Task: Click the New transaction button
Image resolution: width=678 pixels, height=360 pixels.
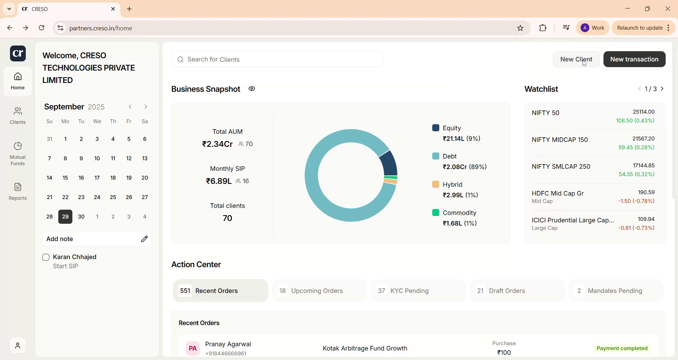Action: pyautogui.click(x=634, y=59)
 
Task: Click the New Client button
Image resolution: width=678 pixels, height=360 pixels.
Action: pyautogui.click(x=576, y=59)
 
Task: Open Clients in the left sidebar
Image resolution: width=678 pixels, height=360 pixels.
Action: pyautogui.click(x=18, y=116)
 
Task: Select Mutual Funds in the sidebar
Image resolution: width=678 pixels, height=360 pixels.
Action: pyautogui.click(x=18, y=154)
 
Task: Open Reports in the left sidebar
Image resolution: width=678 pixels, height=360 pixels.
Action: pyautogui.click(x=18, y=192)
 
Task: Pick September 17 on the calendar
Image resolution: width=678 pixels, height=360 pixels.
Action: pyautogui.click(x=97, y=178)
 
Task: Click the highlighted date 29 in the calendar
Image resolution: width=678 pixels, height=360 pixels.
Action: pyautogui.click(x=65, y=217)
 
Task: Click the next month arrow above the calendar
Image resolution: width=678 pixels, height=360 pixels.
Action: pyautogui.click(x=146, y=107)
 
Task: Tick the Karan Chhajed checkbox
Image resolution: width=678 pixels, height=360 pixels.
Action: pyautogui.click(x=46, y=258)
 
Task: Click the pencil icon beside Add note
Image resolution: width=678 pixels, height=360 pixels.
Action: pyautogui.click(x=144, y=239)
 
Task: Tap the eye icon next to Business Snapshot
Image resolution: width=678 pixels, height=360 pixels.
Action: pyautogui.click(x=252, y=89)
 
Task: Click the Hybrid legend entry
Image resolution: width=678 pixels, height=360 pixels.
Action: pyautogui.click(x=456, y=190)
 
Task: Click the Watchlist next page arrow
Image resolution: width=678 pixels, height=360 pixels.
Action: pyautogui.click(x=663, y=89)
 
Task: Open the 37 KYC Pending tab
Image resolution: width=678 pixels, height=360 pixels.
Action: pyautogui.click(x=418, y=291)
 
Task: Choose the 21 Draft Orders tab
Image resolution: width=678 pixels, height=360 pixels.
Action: pyautogui.click(x=517, y=291)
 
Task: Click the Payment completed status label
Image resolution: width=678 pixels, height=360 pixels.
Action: pyautogui.click(x=622, y=349)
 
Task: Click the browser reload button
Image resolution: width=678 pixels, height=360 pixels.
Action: pyautogui.click(x=42, y=28)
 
